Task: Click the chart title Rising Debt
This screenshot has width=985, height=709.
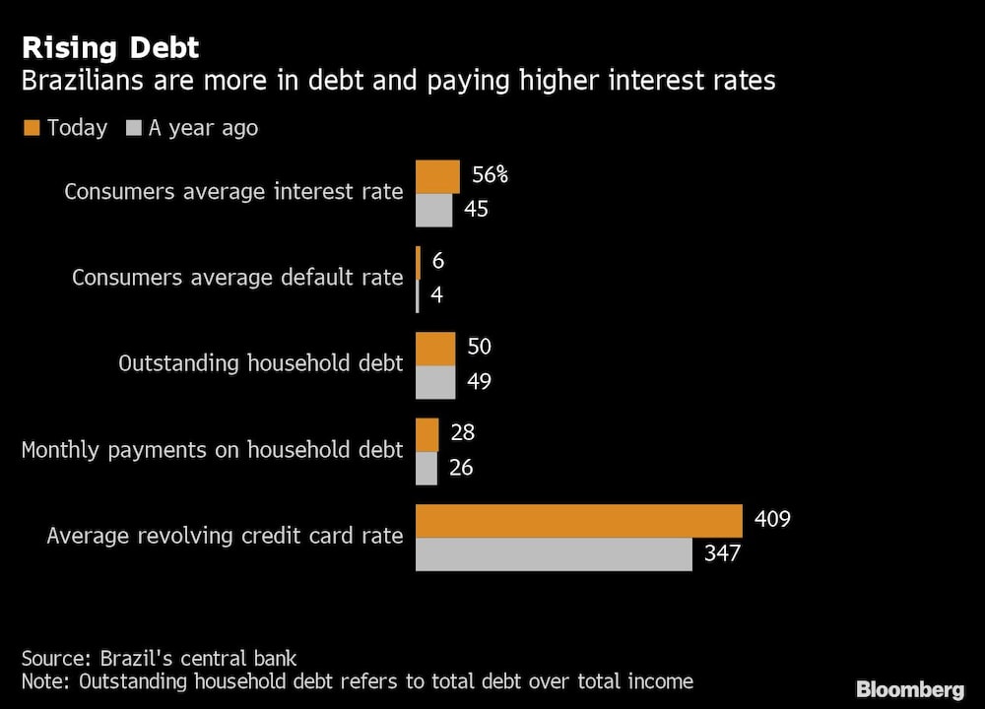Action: (110, 47)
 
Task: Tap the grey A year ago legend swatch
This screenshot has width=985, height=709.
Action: (135, 128)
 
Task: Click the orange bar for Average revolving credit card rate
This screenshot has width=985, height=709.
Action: (578, 521)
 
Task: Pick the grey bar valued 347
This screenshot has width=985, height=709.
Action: (554, 554)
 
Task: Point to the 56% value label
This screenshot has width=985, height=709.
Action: (489, 175)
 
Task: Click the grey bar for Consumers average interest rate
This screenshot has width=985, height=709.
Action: (433, 210)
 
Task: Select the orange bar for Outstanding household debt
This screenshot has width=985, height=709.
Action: (435, 349)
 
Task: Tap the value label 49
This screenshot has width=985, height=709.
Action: (478, 381)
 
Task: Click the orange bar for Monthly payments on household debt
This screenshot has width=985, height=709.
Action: (427, 434)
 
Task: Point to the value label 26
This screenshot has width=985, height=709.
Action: (460, 467)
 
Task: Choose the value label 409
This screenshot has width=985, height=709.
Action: (771, 517)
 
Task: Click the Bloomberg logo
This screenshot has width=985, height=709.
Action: (909, 689)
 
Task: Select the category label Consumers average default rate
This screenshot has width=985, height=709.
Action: (237, 278)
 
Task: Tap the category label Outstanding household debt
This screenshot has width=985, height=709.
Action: (260, 363)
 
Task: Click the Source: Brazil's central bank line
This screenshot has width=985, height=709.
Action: (159, 658)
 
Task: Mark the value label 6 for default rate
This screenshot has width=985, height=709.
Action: (438, 261)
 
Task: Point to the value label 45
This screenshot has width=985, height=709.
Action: (477, 209)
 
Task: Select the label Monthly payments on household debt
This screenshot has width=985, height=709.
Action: (212, 450)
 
